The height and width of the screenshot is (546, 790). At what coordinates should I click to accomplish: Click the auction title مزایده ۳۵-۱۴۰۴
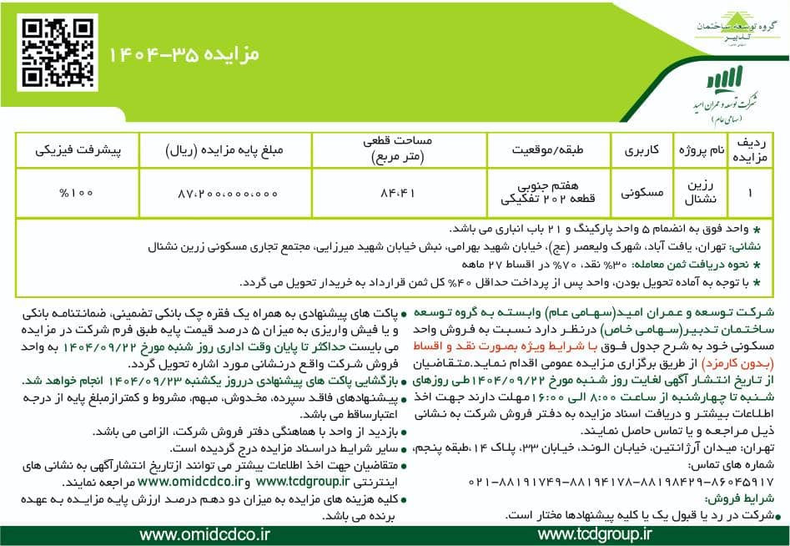[x=184, y=56]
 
